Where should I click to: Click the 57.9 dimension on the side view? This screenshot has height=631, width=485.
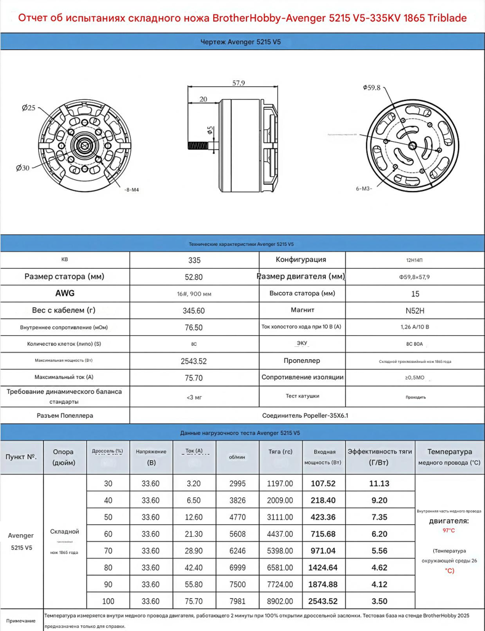point(238,83)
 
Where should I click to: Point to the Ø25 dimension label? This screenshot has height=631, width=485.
point(28,108)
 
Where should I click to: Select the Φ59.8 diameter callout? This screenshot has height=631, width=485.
point(372,88)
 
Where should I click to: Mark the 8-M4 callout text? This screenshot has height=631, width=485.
point(131,190)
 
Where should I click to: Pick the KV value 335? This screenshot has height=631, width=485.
point(194,260)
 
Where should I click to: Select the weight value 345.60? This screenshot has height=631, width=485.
point(194,311)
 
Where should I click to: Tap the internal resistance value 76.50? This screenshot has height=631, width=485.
point(194,327)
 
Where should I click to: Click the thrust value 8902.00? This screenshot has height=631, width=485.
point(280,601)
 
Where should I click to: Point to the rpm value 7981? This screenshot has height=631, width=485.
point(237,601)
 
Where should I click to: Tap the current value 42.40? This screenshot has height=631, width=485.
point(194,562)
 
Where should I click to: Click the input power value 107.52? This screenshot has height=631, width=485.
point(324,484)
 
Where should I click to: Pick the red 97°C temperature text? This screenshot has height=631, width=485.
point(449,530)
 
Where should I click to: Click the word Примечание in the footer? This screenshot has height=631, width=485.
point(21,621)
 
